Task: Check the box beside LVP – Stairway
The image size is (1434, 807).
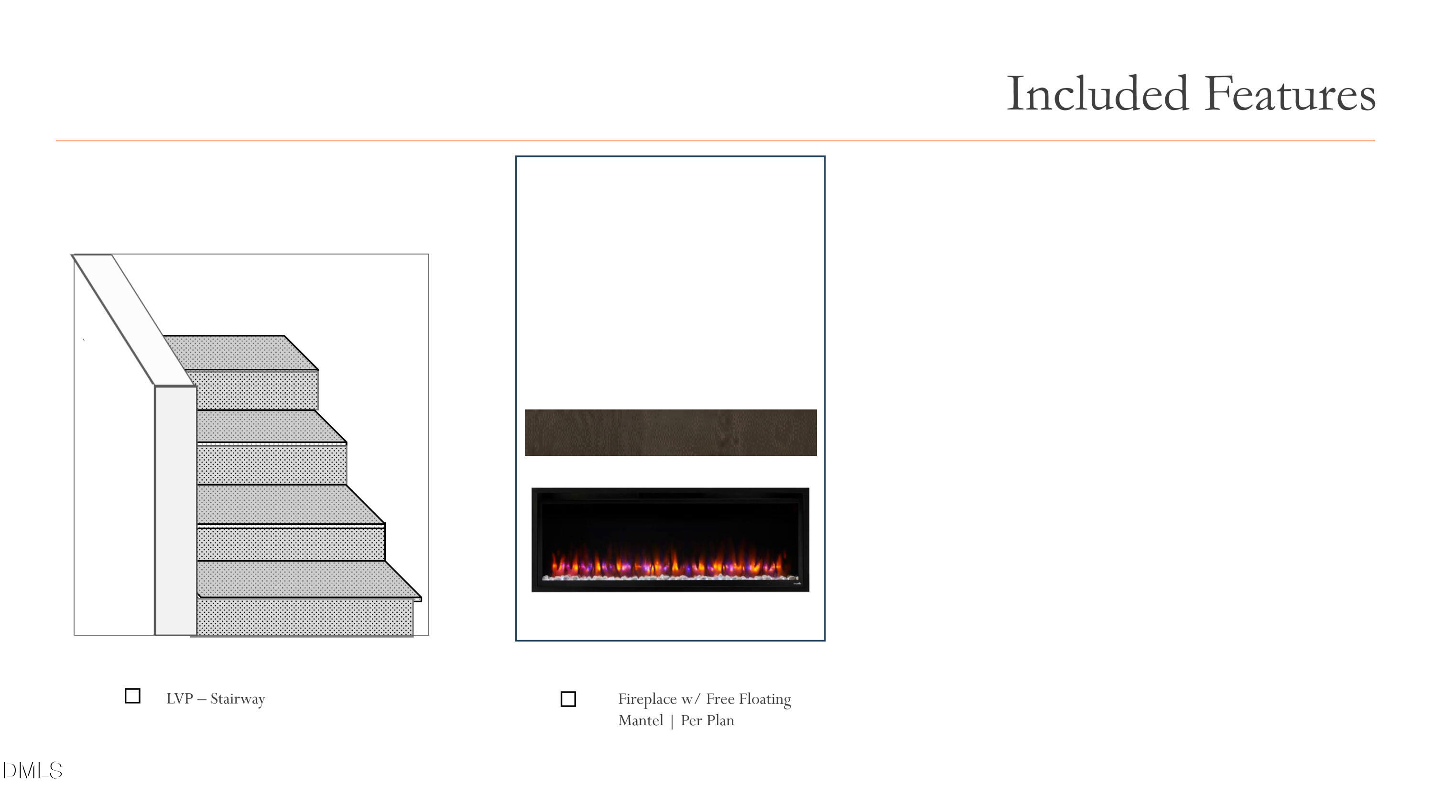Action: (132, 696)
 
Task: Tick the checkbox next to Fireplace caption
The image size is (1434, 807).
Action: (568, 699)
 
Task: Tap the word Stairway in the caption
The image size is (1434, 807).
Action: (238, 699)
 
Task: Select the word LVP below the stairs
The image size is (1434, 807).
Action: (179, 699)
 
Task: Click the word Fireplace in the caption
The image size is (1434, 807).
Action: (647, 699)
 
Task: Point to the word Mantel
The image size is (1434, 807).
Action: (641, 721)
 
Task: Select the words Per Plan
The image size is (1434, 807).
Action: (707, 721)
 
